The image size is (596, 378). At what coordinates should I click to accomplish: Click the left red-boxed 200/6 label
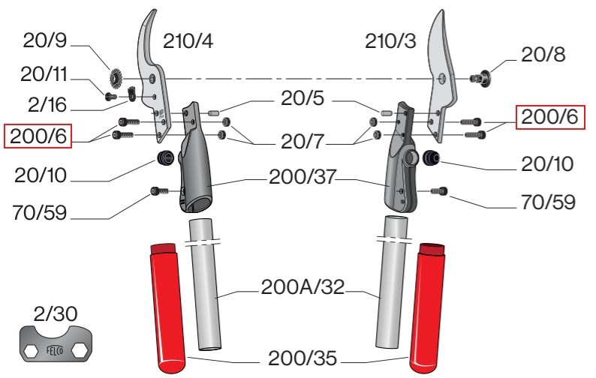click(x=37, y=136)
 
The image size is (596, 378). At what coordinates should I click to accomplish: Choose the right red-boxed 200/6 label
click(x=549, y=117)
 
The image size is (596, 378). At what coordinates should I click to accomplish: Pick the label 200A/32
click(x=302, y=287)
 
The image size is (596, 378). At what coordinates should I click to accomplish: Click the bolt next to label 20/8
click(x=479, y=76)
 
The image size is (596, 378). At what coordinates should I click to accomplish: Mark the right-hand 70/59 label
click(x=548, y=203)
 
